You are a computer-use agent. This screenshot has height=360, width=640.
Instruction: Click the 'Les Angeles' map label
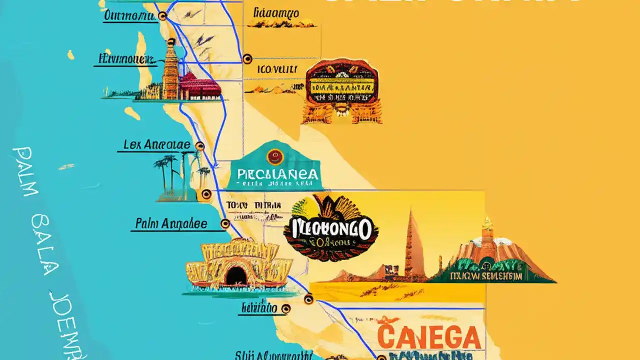[156, 145]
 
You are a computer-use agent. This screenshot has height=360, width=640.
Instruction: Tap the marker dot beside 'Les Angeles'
[200, 146]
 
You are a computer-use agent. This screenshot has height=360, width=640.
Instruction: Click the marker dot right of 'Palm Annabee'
[225, 223]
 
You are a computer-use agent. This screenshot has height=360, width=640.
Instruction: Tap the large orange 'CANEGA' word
[429, 337]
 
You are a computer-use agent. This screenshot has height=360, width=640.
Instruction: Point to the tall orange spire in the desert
[414, 245]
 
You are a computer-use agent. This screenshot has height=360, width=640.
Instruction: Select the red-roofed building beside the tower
[200, 86]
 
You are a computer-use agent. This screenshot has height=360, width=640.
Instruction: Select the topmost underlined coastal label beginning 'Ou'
[129, 16]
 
